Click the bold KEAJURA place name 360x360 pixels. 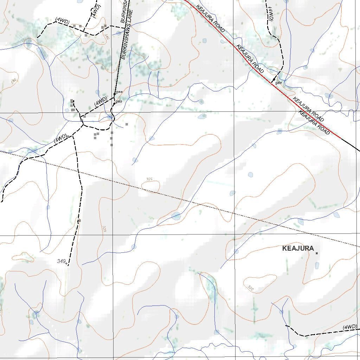298,249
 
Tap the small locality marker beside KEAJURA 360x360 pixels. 317,253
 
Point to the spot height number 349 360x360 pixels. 62,261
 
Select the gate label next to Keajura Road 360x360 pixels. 279,83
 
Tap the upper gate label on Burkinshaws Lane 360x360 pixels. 119,92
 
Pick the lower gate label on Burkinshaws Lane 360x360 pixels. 119,101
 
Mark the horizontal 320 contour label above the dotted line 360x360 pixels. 149,180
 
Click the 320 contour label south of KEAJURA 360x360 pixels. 251,288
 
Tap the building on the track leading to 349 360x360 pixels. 79,221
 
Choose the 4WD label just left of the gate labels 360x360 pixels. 101,101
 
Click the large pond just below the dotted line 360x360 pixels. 176,216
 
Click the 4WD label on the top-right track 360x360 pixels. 270,14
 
